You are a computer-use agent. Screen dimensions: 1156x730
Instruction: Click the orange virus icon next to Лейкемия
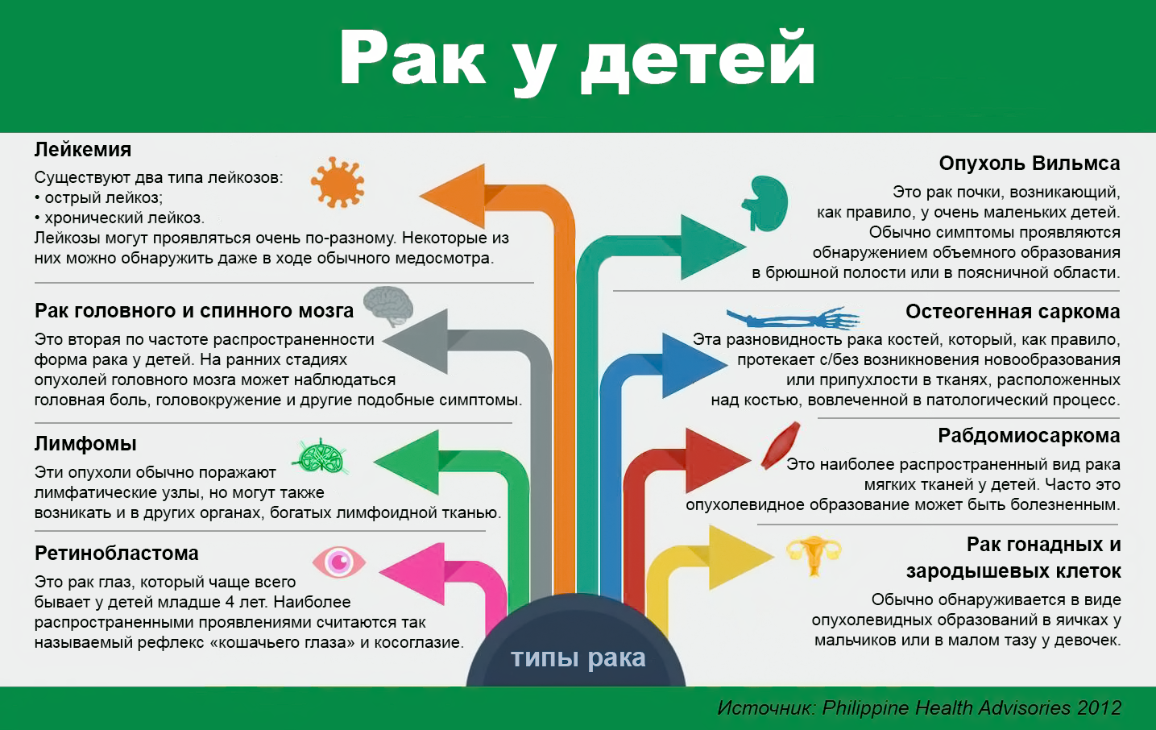338,182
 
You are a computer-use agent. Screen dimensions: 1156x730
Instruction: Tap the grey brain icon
388,306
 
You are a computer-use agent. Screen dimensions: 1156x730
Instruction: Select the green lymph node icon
321,456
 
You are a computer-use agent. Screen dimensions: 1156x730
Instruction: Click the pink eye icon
339,562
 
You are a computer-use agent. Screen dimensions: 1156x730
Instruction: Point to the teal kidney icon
765,203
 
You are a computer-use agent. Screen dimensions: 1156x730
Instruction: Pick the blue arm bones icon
793,317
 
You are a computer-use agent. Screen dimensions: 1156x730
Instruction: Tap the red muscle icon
781,445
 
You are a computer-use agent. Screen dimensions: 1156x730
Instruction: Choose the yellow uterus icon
814,555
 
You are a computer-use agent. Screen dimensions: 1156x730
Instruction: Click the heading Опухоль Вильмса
1029,163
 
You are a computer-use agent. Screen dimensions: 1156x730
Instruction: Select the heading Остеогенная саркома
1013,311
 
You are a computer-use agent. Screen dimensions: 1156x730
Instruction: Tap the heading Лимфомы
85,443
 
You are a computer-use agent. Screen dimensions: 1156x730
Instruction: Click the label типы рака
578,657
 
